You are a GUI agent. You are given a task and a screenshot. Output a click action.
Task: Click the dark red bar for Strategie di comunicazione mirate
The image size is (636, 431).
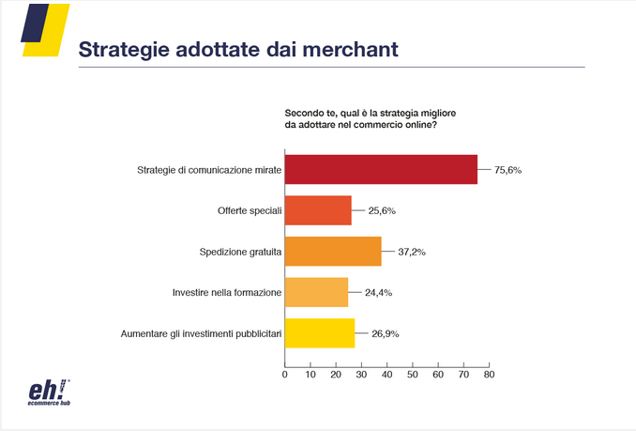381,170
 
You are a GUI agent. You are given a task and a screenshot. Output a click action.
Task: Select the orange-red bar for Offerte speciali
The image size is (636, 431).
318,211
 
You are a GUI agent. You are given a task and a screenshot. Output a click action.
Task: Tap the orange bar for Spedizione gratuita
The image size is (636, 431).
333,252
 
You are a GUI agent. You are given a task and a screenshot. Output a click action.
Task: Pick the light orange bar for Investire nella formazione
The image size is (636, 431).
316,292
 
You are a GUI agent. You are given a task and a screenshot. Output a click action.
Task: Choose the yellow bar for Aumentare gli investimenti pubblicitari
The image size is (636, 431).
320,333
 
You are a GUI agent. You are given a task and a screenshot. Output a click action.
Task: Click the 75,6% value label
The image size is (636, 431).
507,170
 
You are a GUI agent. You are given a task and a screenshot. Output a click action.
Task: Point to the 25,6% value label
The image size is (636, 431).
381,211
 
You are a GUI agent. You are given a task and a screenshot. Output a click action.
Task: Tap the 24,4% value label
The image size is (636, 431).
378,292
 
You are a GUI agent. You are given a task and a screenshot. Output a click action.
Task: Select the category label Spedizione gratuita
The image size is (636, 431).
239,252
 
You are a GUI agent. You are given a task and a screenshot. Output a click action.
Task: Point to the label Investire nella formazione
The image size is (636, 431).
226,292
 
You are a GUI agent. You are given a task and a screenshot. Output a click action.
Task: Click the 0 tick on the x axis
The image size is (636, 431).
285,374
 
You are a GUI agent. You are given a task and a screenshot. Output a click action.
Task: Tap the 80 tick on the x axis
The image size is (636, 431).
488,374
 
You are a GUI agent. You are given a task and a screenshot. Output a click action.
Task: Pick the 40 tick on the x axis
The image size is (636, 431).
386,374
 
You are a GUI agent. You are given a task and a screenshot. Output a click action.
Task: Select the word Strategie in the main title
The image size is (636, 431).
122,50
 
